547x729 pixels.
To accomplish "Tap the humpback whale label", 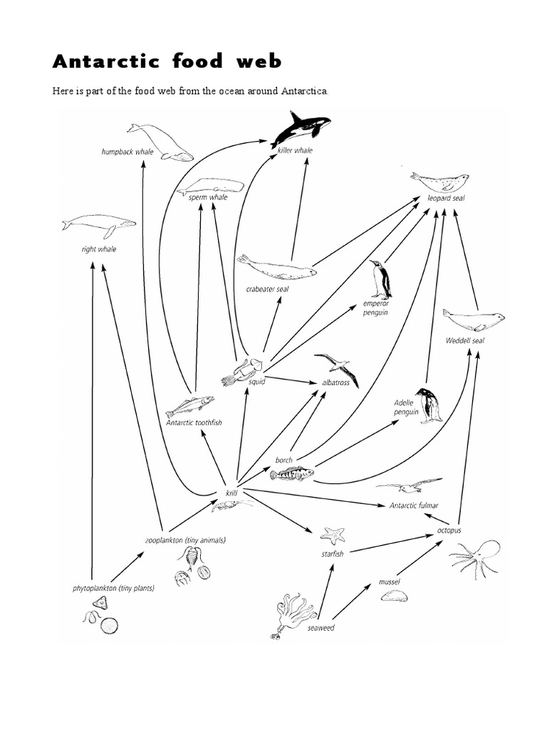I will click(127, 152).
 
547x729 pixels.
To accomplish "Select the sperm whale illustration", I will click(210, 187).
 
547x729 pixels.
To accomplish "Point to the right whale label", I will click(98, 249).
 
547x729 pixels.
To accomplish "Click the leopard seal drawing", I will click(439, 181).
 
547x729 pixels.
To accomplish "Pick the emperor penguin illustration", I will click(380, 280).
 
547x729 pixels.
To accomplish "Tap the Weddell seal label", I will click(464, 340).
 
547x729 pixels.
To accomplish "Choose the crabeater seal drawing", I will click(276, 267).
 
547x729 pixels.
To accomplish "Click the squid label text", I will click(256, 382).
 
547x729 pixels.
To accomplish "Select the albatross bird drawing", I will click(337, 367).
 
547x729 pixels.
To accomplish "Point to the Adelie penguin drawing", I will click(429, 406).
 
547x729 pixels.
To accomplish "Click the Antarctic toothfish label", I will click(194, 422).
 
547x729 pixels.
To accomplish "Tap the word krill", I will click(231, 493).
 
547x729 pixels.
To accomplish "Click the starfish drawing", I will click(333, 535).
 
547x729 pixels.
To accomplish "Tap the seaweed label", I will click(321, 628).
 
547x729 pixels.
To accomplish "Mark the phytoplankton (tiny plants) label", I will click(113, 589).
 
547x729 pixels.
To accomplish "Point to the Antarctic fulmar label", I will click(414, 505).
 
